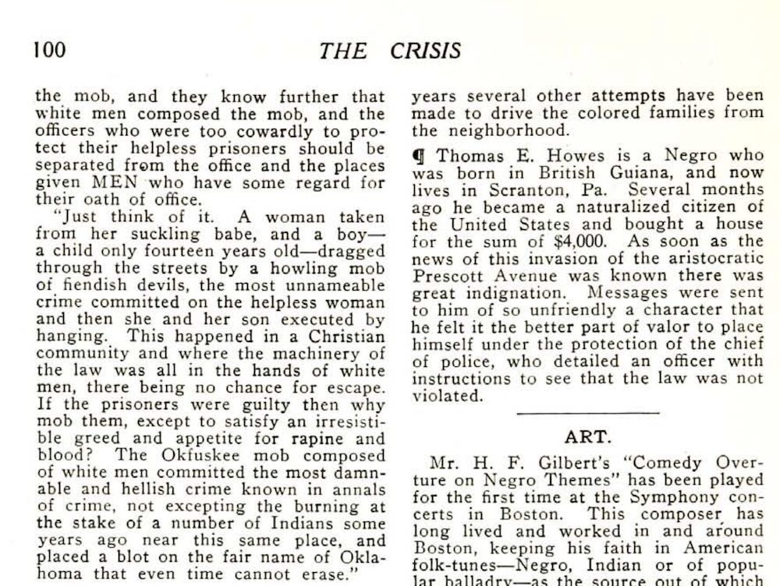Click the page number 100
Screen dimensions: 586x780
click(x=49, y=51)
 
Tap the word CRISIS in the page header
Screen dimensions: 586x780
click(x=427, y=51)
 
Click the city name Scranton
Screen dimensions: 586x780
click(x=506, y=189)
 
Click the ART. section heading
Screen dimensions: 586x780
click(x=587, y=437)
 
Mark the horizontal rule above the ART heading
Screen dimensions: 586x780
click(x=587, y=413)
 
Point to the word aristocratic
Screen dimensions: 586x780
click(x=709, y=258)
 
